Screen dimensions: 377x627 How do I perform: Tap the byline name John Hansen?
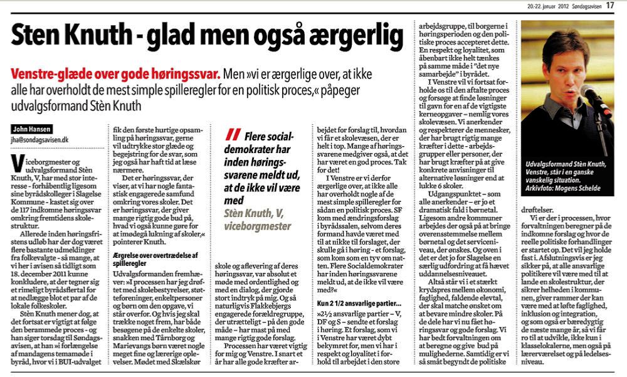coord(31,130)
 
